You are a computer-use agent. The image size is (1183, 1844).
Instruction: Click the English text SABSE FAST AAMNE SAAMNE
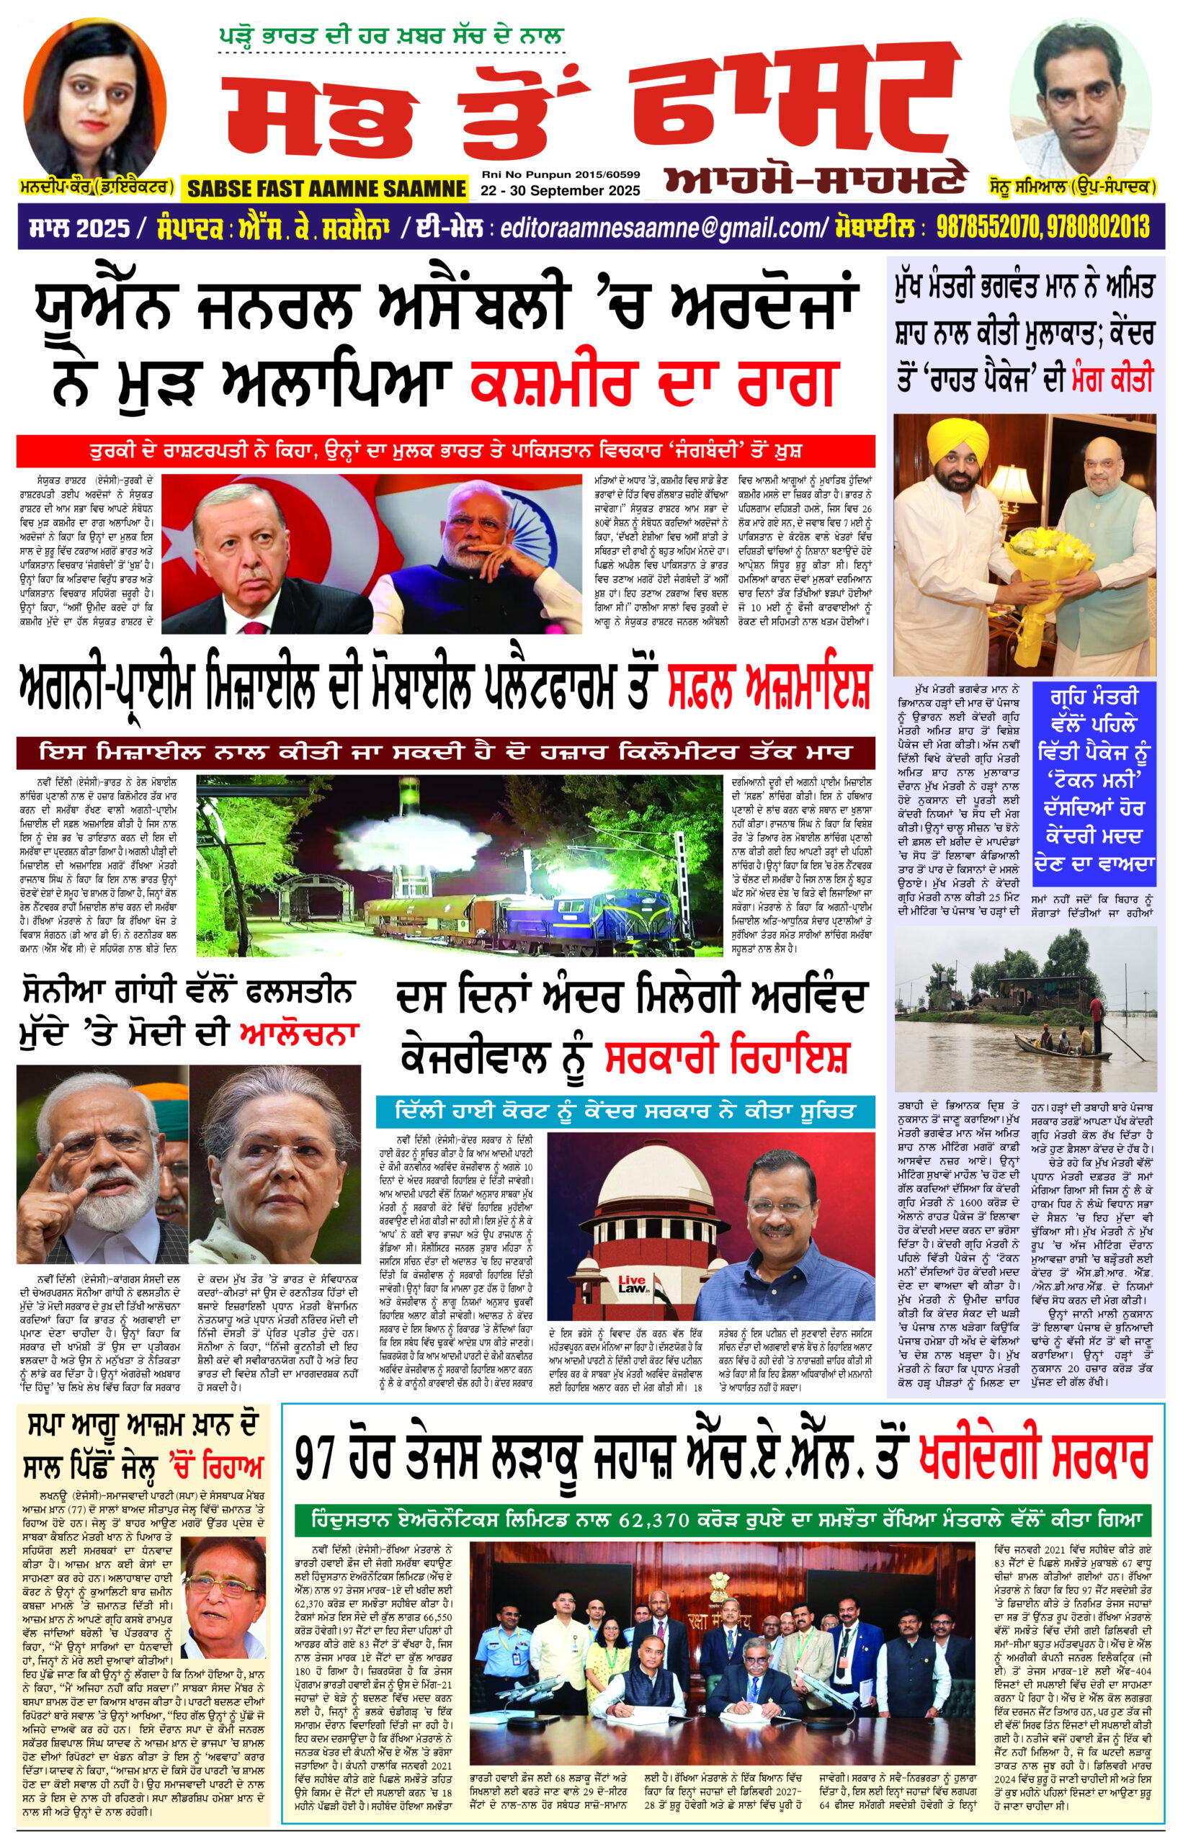pyautogui.click(x=326, y=188)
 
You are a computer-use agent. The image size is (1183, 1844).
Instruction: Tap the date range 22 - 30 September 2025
pyautogui.click(x=560, y=190)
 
